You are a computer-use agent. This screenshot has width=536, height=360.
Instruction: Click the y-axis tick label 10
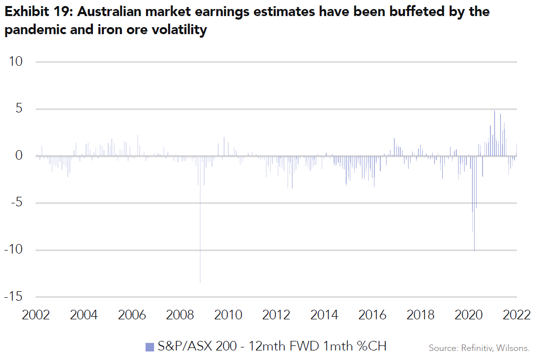[x=16, y=62]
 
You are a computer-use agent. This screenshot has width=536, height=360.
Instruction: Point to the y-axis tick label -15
[x=14, y=297]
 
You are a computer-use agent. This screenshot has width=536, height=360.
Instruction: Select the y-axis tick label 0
[x=19, y=156]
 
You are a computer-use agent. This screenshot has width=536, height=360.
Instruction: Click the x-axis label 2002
[x=36, y=315]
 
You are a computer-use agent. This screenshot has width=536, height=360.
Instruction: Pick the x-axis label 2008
[x=180, y=315]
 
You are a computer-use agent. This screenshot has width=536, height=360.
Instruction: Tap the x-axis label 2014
[x=324, y=315]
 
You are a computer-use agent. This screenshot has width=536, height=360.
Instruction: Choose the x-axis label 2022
[x=516, y=315]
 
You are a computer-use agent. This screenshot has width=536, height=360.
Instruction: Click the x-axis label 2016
[x=372, y=315]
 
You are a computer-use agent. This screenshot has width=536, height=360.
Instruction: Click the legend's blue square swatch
[x=150, y=346]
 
